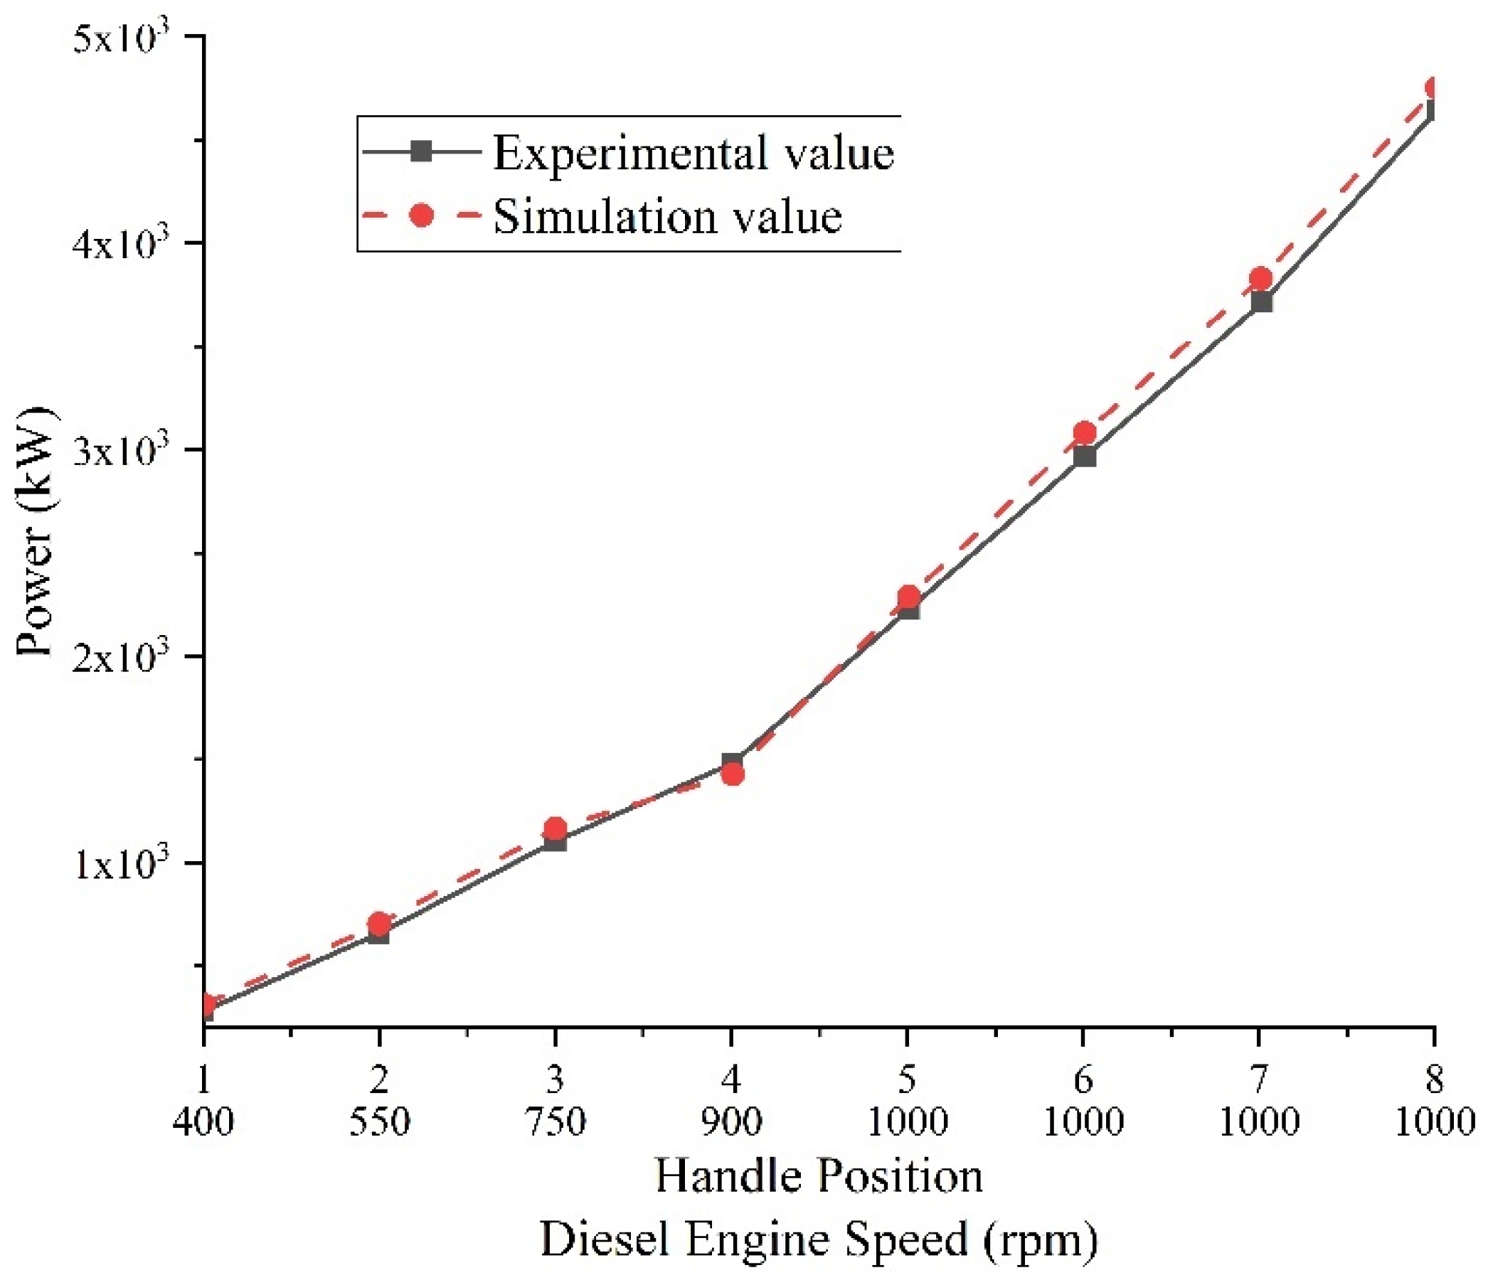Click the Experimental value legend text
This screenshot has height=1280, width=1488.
pyautogui.click(x=693, y=153)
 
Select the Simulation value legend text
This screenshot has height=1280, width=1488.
pyautogui.click(x=668, y=216)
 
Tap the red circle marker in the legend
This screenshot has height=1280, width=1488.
pyautogui.click(x=423, y=215)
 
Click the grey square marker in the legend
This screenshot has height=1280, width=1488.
pyautogui.click(x=423, y=151)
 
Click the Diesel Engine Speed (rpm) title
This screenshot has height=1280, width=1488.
pyautogui.click(x=819, y=1240)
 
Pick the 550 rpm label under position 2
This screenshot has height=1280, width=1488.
pyautogui.click(x=379, y=1122)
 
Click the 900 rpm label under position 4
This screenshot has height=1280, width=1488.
pyautogui.click(x=732, y=1122)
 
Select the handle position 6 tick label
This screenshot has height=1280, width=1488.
pyautogui.click(x=1083, y=1079)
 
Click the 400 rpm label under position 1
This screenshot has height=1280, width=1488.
pyautogui.click(x=204, y=1122)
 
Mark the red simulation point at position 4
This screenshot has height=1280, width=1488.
pyautogui.click(x=733, y=773)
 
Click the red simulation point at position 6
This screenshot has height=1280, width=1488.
pyautogui.click(x=1085, y=434)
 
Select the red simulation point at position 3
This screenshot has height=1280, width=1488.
pyautogui.click(x=555, y=829)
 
